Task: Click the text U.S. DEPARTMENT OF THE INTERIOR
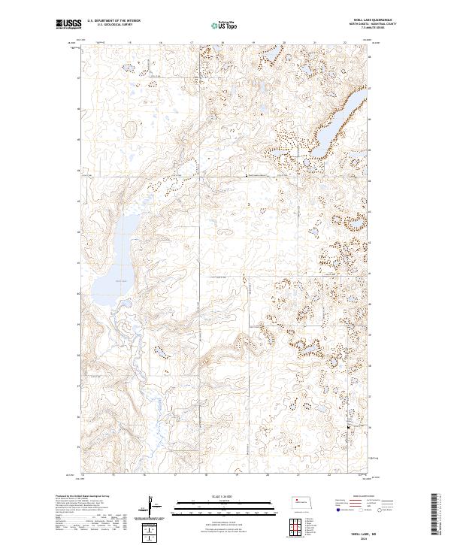point(114,21)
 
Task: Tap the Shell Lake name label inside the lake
point(122,281)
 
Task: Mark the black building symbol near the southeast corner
point(347,428)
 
